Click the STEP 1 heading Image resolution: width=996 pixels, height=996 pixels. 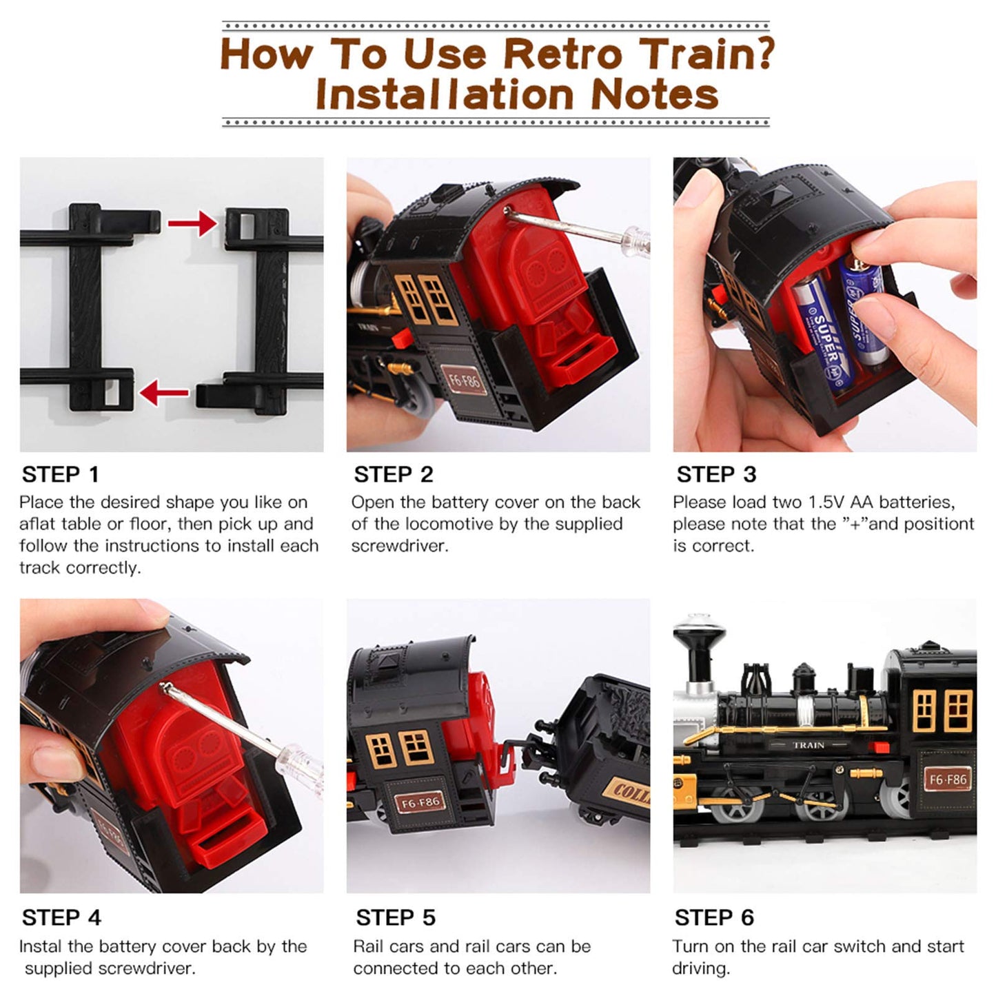point(60,474)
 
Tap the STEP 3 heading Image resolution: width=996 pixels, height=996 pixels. point(716,474)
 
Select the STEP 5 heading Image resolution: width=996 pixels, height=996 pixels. point(396,917)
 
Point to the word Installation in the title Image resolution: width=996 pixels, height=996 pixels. point(445,94)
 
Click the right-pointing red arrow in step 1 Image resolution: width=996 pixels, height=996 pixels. point(192,223)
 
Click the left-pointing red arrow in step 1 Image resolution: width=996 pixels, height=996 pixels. point(164,393)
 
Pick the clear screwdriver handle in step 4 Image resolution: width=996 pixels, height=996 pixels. point(300,764)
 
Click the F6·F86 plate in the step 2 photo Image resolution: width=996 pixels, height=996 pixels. point(464,380)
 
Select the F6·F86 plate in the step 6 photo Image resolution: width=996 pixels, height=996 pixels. point(947,779)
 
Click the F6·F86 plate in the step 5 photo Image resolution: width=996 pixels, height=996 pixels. point(419,803)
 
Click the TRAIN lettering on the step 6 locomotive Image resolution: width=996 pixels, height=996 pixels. point(809,745)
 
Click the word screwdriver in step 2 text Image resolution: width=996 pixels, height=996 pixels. point(398,546)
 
